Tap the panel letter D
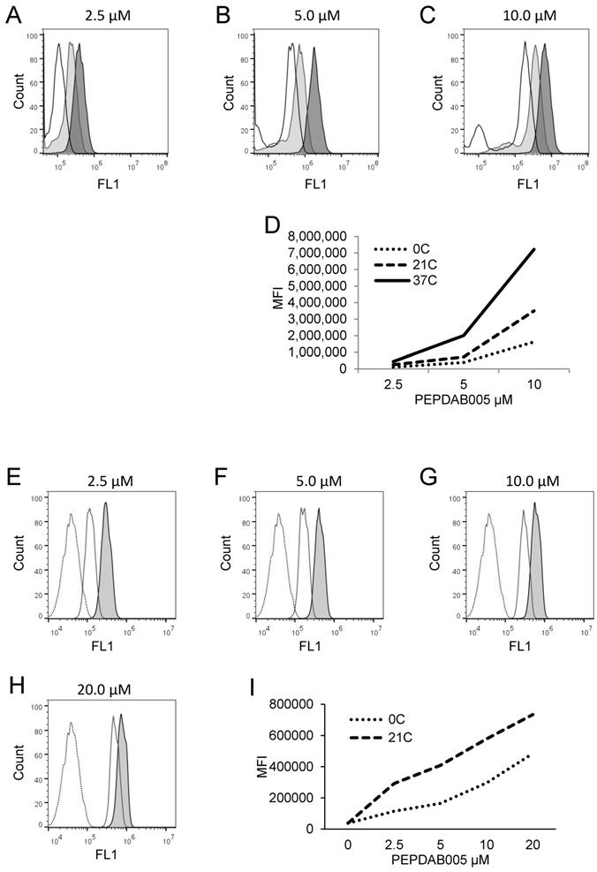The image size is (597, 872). tap(273, 225)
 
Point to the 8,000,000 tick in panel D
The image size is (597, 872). tap(317, 237)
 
